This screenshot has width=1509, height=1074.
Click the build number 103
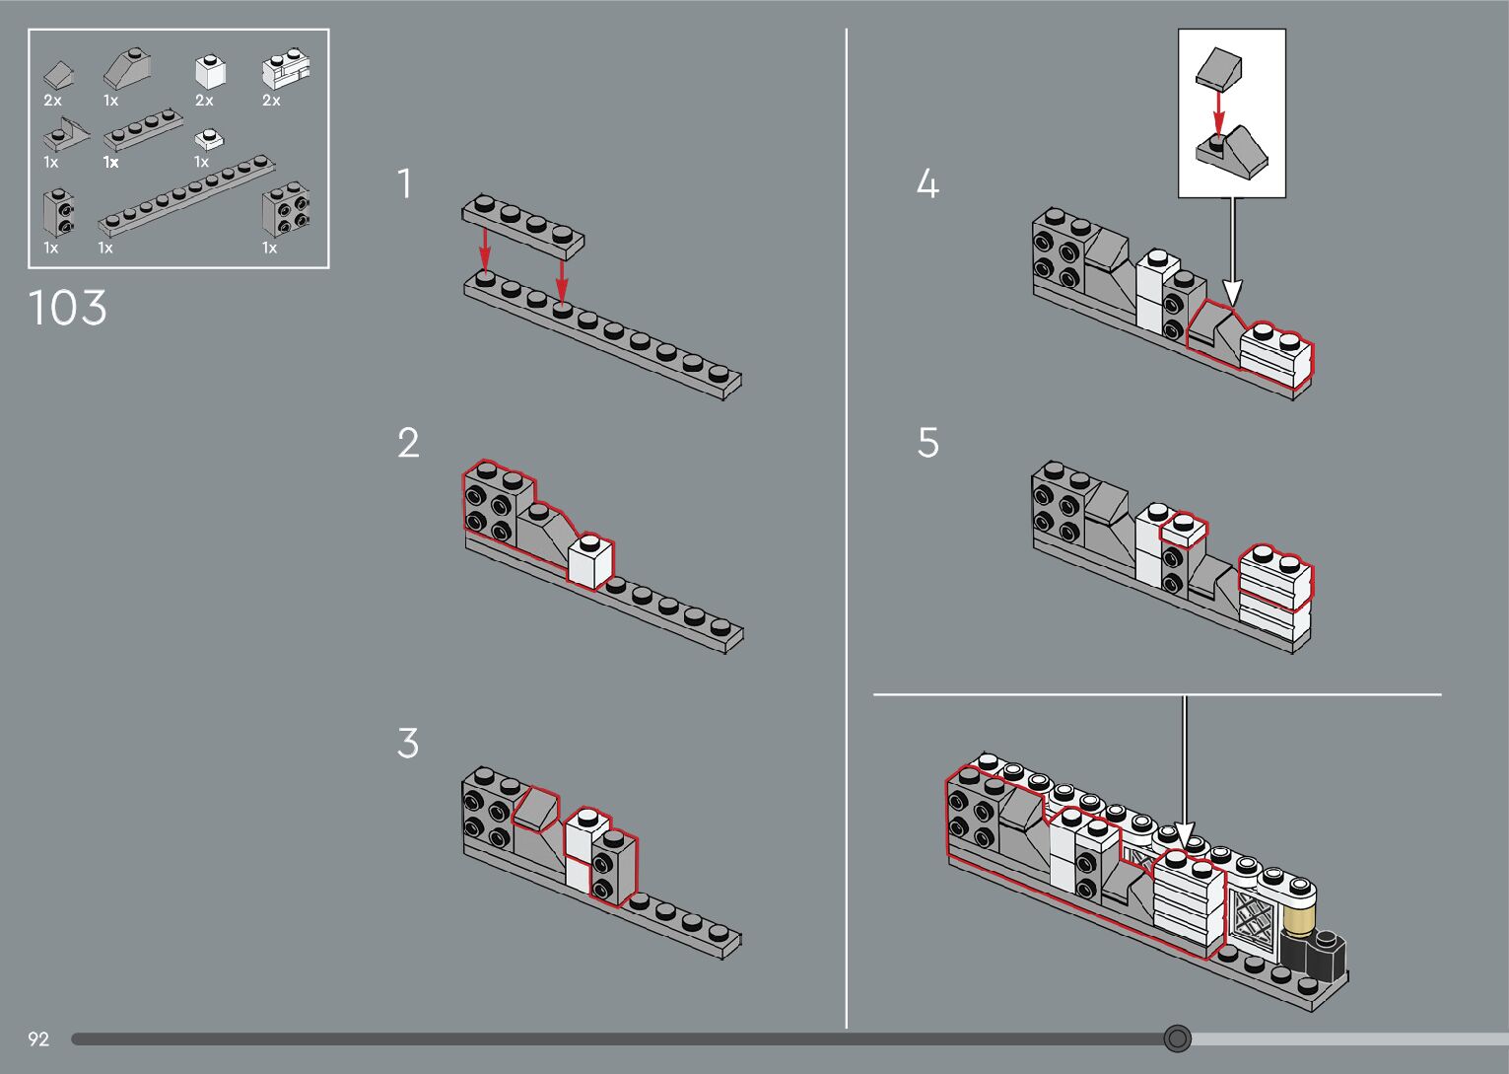click(67, 308)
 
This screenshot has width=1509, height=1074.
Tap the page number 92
click(38, 1038)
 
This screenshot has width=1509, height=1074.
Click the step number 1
click(404, 184)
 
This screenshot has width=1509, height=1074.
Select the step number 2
click(408, 443)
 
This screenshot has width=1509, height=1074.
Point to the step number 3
click(408, 743)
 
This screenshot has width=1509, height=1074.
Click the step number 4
click(927, 184)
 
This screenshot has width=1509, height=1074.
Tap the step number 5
click(927, 443)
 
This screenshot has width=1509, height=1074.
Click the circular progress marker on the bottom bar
click(1177, 1038)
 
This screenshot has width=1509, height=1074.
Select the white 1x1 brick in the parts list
click(210, 72)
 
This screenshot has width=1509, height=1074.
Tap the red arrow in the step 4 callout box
click(1219, 113)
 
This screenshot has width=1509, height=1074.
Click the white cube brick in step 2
click(590, 562)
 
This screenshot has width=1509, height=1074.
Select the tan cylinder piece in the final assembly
click(1301, 918)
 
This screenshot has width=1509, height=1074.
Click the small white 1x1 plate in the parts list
click(208, 139)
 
